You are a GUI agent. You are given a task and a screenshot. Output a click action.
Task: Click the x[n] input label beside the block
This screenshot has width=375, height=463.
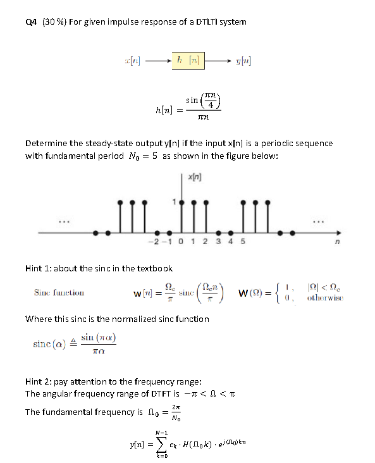[134, 62]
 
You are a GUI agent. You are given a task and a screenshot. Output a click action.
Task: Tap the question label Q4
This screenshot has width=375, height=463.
[31, 22]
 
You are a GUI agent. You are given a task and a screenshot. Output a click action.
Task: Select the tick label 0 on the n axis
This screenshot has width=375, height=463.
[189, 242]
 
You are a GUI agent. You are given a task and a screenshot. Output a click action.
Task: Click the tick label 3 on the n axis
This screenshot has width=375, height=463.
[221, 242]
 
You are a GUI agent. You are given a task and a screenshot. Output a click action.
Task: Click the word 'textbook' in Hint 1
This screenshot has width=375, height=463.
[154, 269]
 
